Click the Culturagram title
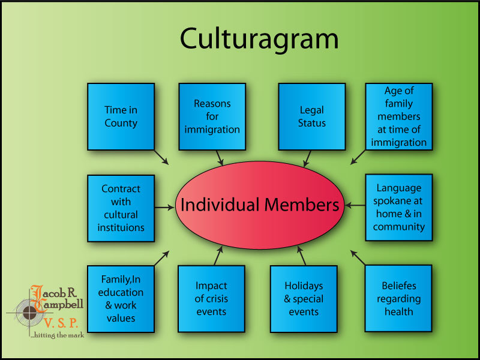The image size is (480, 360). [x=259, y=39]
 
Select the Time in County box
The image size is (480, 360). [x=121, y=116]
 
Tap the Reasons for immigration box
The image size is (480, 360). [x=212, y=116]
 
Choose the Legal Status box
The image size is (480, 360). [x=312, y=116]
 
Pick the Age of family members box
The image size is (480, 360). [x=399, y=116]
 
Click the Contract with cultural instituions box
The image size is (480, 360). [x=121, y=208]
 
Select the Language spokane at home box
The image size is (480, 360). [x=399, y=208]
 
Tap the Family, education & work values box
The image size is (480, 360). [x=121, y=299]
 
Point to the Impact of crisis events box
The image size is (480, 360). [x=211, y=299]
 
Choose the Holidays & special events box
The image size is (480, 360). [x=304, y=299]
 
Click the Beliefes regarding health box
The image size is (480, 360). [x=398, y=298]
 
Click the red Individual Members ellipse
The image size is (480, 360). [x=260, y=205]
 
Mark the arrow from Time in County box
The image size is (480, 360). [x=161, y=157]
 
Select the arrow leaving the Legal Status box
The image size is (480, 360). [x=307, y=158]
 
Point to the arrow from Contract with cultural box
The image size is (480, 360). [x=164, y=208]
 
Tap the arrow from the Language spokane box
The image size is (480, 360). [x=355, y=205]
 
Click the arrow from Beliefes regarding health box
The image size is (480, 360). [x=358, y=258]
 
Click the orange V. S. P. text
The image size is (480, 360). [x=61, y=323]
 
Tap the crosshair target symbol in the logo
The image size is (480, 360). [x=29, y=312]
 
